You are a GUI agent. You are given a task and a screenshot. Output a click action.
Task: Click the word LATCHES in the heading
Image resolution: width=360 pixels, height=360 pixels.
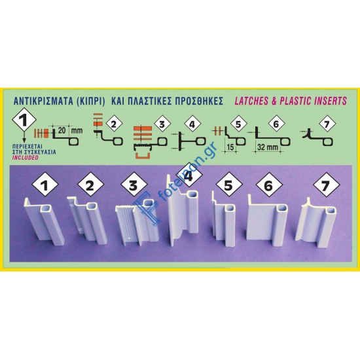(x=251, y=101)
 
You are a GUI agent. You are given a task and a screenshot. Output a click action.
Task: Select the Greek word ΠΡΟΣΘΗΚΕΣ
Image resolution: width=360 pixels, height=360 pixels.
(x=199, y=101)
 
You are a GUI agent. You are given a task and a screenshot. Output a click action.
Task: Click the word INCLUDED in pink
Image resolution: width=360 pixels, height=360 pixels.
(x=26, y=158)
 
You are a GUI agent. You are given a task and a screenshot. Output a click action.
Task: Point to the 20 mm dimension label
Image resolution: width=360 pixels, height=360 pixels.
(x=70, y=131)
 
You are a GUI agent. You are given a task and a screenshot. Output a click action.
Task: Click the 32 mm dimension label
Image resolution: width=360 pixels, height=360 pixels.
(x=268, y=147)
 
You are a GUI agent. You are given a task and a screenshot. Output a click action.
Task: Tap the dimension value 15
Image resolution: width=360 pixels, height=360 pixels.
(x=230, y=147)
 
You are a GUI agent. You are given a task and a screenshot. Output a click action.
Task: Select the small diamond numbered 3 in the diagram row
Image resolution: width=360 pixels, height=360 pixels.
(x=162, y=124)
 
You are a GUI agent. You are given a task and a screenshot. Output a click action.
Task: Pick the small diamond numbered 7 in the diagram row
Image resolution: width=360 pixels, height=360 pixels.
(x=327, y=124)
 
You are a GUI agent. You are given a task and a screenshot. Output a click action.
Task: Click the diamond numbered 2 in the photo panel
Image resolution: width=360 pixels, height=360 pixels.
(x=90, y=185)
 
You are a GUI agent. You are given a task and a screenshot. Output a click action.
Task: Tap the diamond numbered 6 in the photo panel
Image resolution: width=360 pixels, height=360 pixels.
(x=269, y=185)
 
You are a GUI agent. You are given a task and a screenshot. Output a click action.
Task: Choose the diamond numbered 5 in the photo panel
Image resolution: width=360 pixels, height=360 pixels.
(x=228, y=185)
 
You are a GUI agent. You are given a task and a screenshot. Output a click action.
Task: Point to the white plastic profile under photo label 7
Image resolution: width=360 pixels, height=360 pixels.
(x=315, y=224)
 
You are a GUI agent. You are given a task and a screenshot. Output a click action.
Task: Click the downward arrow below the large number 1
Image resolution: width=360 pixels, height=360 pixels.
(x=24, y=137)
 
